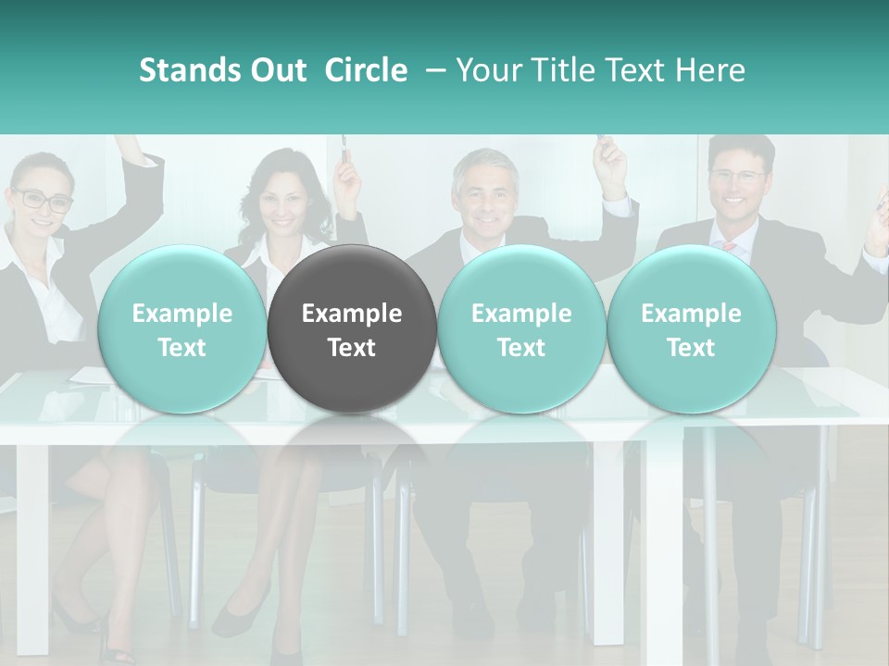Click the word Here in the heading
(710, 70)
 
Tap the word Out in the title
(276, 70)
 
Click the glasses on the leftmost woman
(42, 199)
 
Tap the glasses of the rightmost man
(737, 175)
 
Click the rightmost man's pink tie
(729, 247)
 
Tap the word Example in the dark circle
(352, 314)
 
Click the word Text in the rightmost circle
(691, 348)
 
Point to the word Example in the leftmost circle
(182, 314)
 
